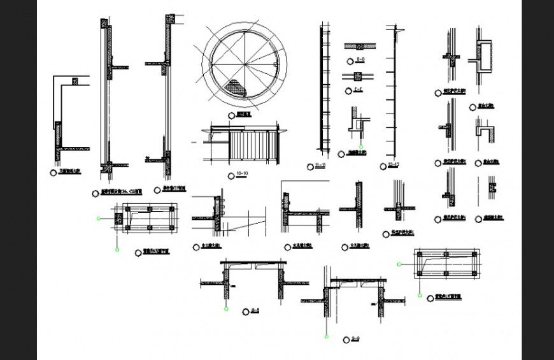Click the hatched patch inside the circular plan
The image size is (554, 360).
tap(237, 87)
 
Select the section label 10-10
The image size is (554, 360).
tap(241, 174)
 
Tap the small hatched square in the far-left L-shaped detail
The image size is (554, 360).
tap(75, 82)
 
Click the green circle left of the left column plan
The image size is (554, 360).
tap(98, 219)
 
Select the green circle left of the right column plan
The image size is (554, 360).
tap(398, 263)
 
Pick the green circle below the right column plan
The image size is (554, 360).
tap(420, 295)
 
